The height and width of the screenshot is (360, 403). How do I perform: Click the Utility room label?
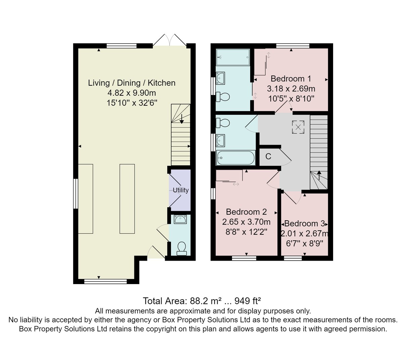coord(180,190)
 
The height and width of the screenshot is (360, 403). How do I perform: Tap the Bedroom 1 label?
coord(290,79)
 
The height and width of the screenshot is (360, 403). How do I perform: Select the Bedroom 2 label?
coord(246,212)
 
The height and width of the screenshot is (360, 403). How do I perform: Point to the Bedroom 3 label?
coord(305,224)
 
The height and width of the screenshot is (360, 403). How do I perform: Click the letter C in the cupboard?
coord(268,156)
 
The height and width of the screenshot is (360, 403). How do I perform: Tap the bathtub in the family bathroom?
coord(235,158)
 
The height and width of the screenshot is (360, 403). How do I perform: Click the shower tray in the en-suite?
coord(233,57)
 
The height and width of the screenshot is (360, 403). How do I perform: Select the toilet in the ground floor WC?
coord(181,248)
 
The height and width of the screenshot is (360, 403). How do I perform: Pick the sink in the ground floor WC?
coord(180,219)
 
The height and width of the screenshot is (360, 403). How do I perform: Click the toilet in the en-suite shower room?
coord(223,97)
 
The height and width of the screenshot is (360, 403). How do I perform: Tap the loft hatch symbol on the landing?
coord(298,127)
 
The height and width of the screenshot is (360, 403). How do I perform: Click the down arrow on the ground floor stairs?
coord(182,119)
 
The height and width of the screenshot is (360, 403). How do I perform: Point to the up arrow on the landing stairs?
coord(319,175)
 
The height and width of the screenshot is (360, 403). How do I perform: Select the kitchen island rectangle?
coord(127,199)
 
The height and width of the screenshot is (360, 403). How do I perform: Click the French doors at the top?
coord(170,40)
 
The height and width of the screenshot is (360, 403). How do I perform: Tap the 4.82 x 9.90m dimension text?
coord(132,93)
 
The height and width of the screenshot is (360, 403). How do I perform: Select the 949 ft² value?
coord(248,301)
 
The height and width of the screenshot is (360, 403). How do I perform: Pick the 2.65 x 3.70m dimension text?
coord(246,222)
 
